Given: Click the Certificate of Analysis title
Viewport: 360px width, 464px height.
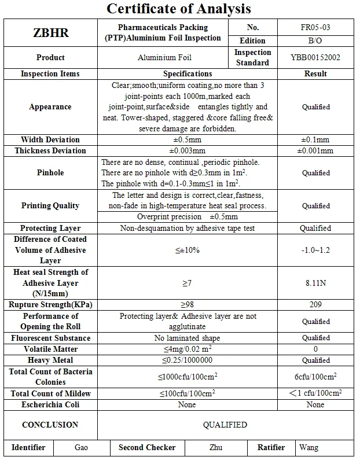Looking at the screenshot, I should click(x=179, y=9).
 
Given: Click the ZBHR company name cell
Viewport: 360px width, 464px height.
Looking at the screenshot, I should click(x=51, y=33).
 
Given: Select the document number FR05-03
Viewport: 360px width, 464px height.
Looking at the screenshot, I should click(x=315, y=27).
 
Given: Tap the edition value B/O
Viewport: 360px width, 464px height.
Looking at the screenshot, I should click(x=315, y=41).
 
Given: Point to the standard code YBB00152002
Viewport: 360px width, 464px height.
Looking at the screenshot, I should click(x=315, y=58).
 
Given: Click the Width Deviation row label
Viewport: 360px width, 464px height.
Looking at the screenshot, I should click(x=50, y=139).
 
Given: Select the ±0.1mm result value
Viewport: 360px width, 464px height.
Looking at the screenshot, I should click(x=315, y=139).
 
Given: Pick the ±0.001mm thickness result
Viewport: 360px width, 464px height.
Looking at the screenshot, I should click(x=315, y=150).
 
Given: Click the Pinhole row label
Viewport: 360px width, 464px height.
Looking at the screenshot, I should click(x=50, y=172).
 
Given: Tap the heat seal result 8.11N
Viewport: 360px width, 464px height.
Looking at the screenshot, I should click(x=315, y=283).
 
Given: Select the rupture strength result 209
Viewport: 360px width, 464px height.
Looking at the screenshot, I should click(x=315, y=305).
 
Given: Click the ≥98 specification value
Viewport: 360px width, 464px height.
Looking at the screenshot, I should click(x=187, y=305).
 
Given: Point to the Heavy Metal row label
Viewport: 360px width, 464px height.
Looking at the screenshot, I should click(x=50, y=360).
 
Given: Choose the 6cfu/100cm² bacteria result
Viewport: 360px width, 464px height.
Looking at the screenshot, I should click(x=315, y=377).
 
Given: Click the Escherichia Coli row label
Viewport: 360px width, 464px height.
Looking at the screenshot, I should click(x=50, y=404).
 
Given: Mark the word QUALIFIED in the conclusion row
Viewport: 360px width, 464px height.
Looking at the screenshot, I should click(x=225, y=425).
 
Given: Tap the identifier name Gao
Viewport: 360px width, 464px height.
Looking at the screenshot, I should click(x=82, y=447).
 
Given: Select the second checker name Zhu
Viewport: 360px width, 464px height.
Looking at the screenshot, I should click(x=215, y=447).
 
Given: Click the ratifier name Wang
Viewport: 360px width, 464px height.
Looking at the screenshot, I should click(x=308, y=447).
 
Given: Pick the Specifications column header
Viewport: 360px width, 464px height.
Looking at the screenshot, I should click(x=188, y=73).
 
